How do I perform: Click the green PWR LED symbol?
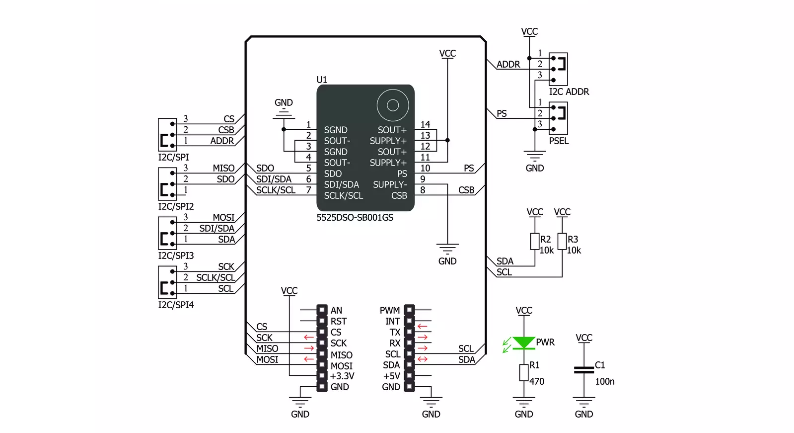523,343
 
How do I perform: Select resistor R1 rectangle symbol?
524,373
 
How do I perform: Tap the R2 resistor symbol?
534,241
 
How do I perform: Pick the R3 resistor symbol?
562,241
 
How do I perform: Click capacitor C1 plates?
584,370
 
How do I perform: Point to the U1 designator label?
321,80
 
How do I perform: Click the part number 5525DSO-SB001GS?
355,217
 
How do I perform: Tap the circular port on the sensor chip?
393,105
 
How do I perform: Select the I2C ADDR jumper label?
569,91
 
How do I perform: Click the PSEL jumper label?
559,141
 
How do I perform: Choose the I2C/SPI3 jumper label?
176,256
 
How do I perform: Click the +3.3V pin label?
342,376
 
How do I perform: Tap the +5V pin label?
392,376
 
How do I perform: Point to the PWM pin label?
390,310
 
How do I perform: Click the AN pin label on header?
336,310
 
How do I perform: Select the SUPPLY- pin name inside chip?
390,184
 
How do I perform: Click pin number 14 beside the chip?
425,124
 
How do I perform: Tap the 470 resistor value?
537,381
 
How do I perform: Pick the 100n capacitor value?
605,381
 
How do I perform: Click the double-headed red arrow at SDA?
422,359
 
